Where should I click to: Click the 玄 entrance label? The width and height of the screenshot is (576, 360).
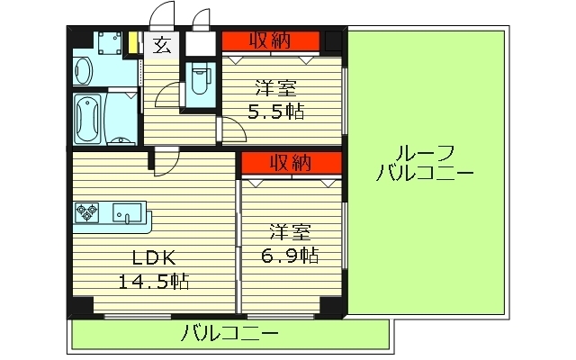161,45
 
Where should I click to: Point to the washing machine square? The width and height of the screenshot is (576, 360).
112,45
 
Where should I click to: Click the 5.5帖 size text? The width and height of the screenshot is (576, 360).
276,112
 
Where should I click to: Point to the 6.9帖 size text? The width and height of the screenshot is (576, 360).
290,255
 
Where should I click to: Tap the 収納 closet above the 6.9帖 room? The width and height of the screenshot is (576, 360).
290,162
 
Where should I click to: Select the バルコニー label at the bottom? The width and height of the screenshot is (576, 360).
229,335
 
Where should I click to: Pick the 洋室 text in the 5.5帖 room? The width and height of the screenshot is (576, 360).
276,88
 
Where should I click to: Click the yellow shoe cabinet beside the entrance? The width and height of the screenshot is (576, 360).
133,45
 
